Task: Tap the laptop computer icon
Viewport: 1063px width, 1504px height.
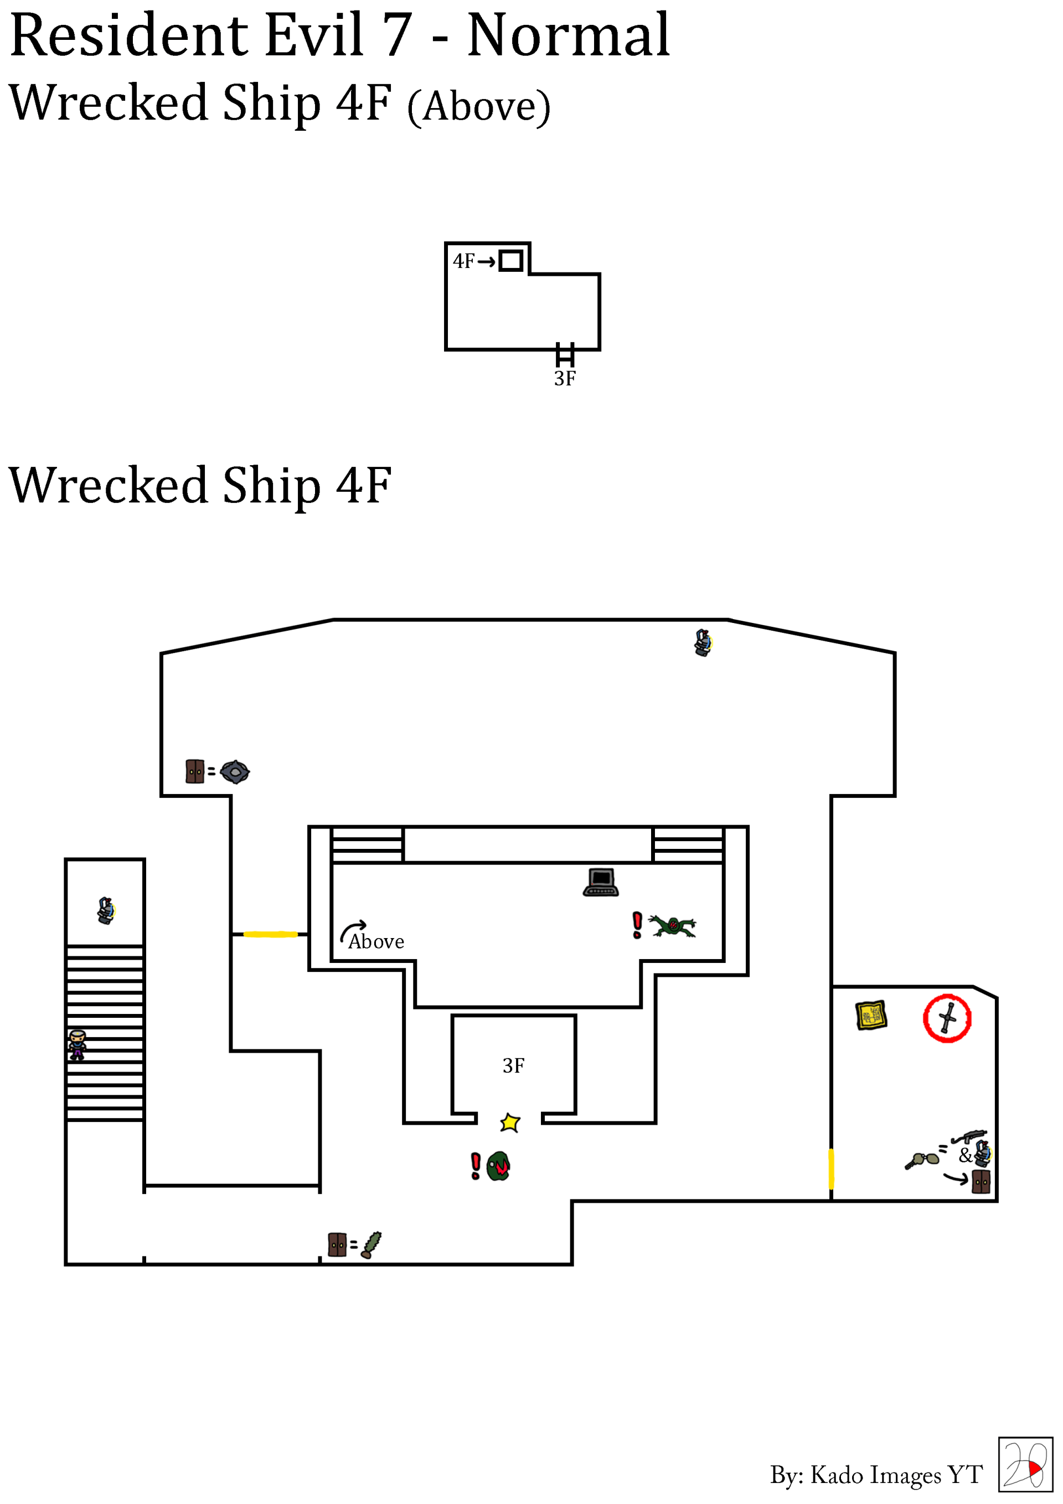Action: click(x=601, y=882)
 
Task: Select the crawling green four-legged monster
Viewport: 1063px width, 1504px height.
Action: click(x=673, y=925)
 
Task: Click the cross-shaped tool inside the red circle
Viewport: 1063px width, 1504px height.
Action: click(x=948, y=1018)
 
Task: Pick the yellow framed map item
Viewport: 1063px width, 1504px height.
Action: click(x=871, y=1016)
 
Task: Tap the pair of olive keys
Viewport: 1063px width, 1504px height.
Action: click(x=922, y=1160)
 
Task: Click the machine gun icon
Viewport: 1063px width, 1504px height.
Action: click(x=970, y=1135)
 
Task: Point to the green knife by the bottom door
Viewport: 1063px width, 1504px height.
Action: click(x=371, y=1245)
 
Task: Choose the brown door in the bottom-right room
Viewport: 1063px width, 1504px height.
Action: click(x=981, y=1182)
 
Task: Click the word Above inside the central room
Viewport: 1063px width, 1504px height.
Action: click(x=376, y=942)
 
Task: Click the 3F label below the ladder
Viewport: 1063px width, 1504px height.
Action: click(x=565, y=379)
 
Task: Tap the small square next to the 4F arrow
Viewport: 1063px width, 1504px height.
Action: click(x=511, y=261)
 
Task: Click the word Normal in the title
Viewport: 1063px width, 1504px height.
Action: click(x=569, y=35)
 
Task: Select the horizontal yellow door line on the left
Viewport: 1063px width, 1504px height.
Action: click(x=271, y=934)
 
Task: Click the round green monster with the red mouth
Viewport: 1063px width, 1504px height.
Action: click(x=498, y=1166)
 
